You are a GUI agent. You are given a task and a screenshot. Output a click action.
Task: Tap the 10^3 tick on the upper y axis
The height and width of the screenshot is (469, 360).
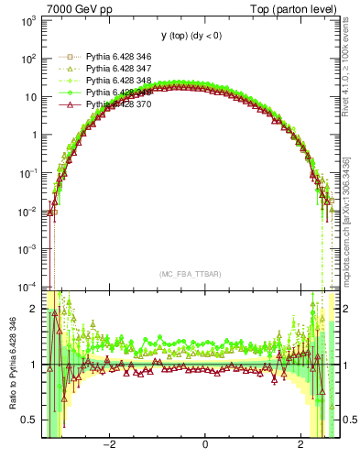tap(27, 20)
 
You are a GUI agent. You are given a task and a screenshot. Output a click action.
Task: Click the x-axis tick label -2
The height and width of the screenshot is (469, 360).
tap(108, 445)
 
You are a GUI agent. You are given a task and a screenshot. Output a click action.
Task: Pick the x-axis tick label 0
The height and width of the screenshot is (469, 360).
tap(204, 445)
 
